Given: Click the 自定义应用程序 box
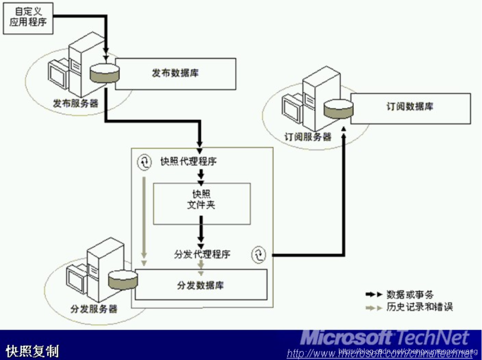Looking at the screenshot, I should pyautogui.click(x=28, y=18).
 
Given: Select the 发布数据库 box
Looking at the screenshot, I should pyautogui.click(x=175, y=73).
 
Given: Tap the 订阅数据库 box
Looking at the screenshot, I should pyautogui.click(x=409, y=108).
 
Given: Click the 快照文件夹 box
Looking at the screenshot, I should pyautogui.click(x=201, y=203).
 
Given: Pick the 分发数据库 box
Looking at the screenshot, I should pyautogui.click(x=200, y=285).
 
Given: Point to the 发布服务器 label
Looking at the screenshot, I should pyautogui.click(x=76, y=103).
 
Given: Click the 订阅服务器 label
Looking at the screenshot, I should pyautogui.click(x=308, y=136).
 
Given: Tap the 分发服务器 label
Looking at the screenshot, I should pyautogui.click(x=94, y=309).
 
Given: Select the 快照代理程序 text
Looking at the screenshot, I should pyautogui.click(x=188, y=162).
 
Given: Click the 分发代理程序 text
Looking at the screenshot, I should pyautogui.click(x=202, y=254).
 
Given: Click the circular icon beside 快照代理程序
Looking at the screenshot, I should pyautogui.click(x=144, y=161).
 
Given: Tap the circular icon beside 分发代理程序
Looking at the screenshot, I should pyautogui.click(x=258, y=254).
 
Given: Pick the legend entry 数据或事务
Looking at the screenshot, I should pyautogui.click(x=409, y=294).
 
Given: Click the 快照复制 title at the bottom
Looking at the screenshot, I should pyautogui.click(x=32, y=351).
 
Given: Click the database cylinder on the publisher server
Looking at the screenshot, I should pyautogui.click(x=104, y=73).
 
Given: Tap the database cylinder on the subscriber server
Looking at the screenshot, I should pyautogui.click(x=338, y=110).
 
